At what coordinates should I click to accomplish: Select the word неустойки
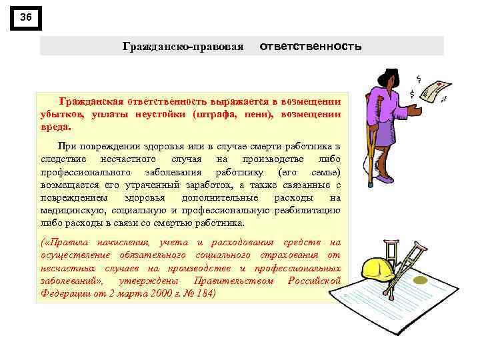(x=155, y=114)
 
